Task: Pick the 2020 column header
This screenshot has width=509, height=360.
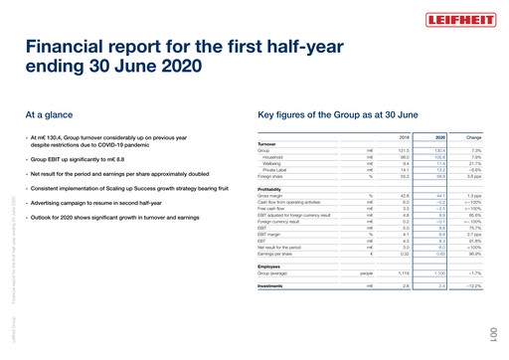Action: point(438,137)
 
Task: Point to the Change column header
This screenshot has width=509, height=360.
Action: point(474,137)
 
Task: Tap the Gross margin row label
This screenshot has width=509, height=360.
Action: point(270,196)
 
